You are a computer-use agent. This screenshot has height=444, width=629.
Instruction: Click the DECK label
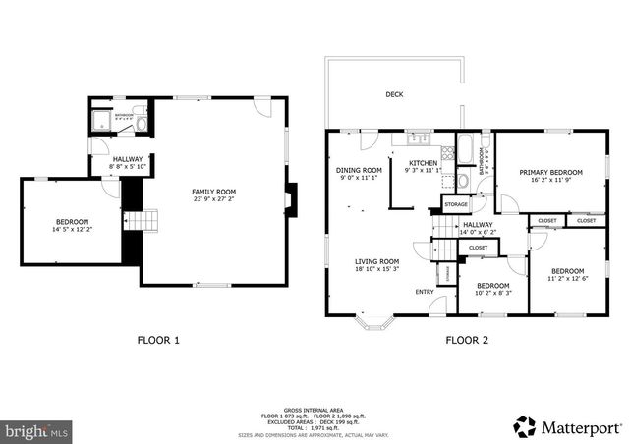tap(394, 94)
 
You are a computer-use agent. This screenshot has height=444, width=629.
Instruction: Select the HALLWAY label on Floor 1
tap(128, 159)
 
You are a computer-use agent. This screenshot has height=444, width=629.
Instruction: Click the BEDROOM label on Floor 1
tap(72, 222)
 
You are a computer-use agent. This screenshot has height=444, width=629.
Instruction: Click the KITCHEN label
tap(423, 163)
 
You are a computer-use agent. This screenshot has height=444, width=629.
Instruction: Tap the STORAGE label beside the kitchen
tap(456, 204)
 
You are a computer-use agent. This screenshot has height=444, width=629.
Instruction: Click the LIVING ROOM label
tap(376, 261)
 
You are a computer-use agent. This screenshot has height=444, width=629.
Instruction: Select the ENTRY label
tap(425, 292)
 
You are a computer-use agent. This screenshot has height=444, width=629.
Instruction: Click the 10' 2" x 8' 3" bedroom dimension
tap(492, 293)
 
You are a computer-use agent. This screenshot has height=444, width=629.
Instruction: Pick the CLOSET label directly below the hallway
tap(478, 248)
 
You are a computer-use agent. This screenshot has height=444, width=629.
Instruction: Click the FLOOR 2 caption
tap(467, 340)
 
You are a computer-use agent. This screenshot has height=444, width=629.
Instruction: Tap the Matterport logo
tap(567, 427)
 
